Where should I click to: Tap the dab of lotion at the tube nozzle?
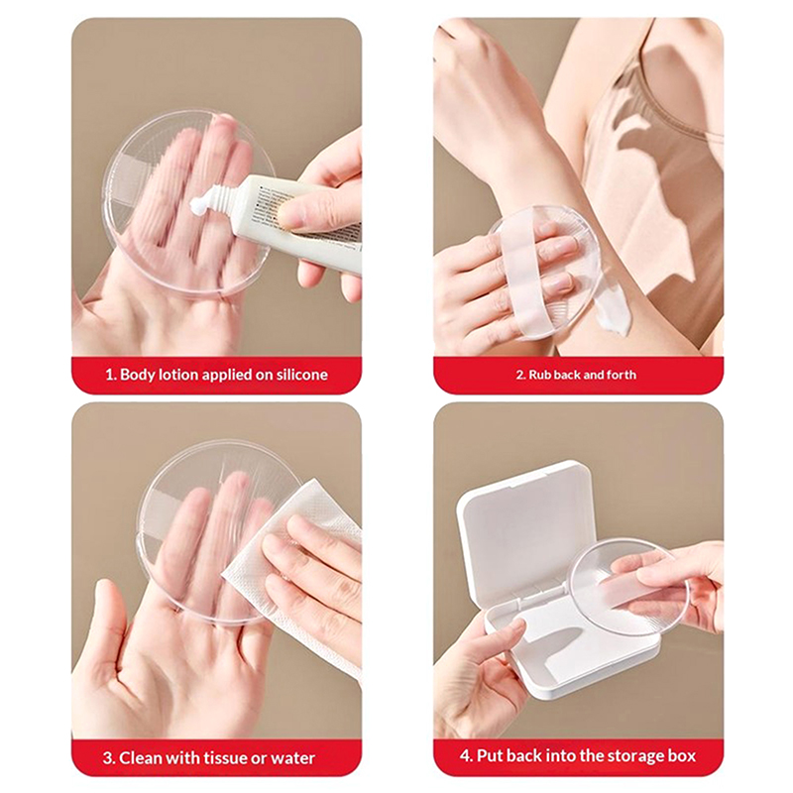197,204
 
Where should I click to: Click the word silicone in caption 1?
302,375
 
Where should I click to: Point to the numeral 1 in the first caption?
109,375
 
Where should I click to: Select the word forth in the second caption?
622,375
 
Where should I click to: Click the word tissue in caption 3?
227,758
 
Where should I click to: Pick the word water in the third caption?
293,758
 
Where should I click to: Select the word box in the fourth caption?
682,755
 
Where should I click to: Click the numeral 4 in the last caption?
466,755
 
